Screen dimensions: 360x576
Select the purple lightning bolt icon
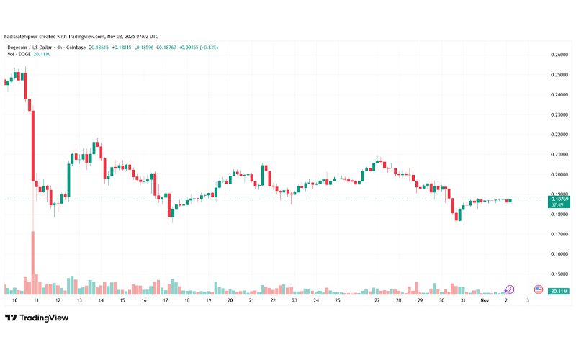point(510,289)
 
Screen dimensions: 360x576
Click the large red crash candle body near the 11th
point(32,144)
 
